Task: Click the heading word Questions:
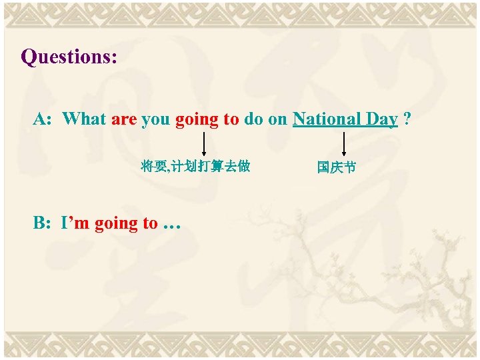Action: tap(69, 57)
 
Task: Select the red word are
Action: tap(124, 119)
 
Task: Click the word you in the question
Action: tap(155, 120)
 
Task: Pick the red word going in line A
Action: tap(197, 120)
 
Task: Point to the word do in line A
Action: tap(253, 119)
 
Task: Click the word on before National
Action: tap(277, 119)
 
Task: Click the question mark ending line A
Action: tap(407, 119)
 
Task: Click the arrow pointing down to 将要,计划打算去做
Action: tap(203, 143)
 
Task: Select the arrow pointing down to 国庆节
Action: tap(344, 143)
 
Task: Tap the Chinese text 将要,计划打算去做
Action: tap(195, 166)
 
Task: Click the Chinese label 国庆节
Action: tap(337, 167)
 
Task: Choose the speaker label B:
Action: tap(42, 223)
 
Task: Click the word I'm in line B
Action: tap(75, 223)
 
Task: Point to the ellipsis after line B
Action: tap(172, 225)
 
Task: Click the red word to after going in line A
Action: tap(231, 119)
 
